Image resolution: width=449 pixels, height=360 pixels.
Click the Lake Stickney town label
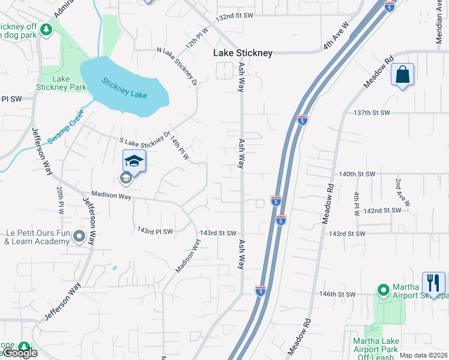[x=243, y=53]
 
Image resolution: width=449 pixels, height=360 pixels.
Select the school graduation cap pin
[x=134, y=161]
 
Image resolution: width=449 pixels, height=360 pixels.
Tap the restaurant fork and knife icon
[x=433, y=282]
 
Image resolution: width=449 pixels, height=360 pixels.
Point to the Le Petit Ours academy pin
[x=79, y=238]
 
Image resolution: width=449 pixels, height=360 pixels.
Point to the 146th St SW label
[x=337, y=295]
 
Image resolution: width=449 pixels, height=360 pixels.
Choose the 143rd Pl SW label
[x=155, y=231]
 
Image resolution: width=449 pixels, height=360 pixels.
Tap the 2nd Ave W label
[x=402, y=191]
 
